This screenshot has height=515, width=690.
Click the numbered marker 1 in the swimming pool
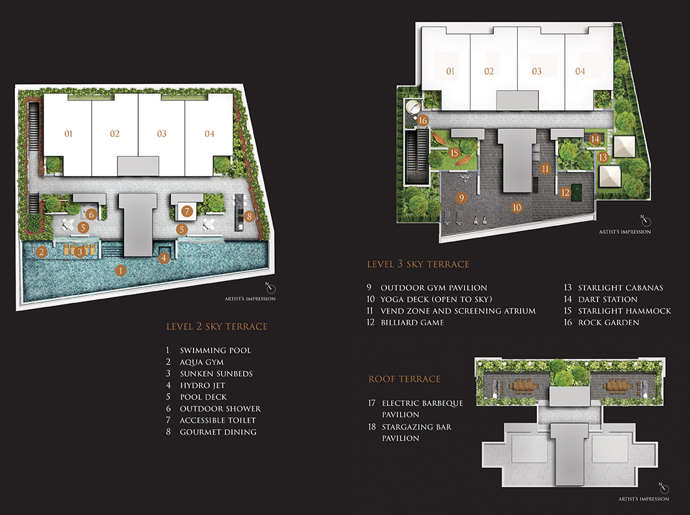coord(120,271)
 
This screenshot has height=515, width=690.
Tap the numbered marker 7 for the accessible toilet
coord(187,211)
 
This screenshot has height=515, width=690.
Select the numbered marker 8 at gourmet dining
coord(250,216)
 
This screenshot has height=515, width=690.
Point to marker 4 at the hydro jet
coord(164,257)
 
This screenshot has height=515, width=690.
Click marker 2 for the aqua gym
coord(41,252)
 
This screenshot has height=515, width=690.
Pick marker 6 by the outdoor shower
coord(91,214)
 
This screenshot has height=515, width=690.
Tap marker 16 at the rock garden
coord(423,121)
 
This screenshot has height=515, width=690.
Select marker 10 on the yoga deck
coord(517,207)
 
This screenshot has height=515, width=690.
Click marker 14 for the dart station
coord(595,140)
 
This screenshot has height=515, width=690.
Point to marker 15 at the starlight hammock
coord(454,153)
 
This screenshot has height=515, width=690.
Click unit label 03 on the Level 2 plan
coord(162,134)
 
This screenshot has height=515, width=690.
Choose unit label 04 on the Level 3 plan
coord(580,71)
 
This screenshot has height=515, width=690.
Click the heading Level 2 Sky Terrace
coord(217,327)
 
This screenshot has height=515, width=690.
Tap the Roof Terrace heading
coord(405,379)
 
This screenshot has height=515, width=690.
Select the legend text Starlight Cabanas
coord(620,288)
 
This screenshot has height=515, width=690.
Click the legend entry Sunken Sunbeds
coord(216,374)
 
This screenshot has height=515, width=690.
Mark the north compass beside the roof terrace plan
coord(665,488)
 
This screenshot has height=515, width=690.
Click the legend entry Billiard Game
coord(412,323)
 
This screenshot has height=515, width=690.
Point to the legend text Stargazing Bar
coord(417,427)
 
